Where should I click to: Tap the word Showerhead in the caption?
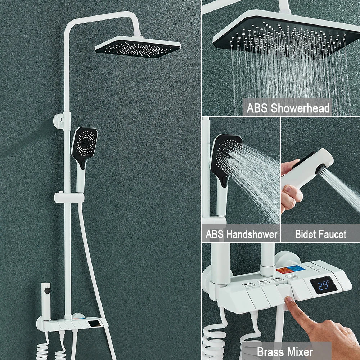pyautogui.click(x=300, y=108)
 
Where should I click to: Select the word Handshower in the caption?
pyautogui.click(x=252, y=234)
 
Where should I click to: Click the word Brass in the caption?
pyautogui.click(x=270, y=352)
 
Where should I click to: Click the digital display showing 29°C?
pyautogui.click(x=323, y=285)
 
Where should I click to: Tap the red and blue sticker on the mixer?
pyautogui.click(x=291, y=269)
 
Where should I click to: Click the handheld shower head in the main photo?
pyautogui.click(x=84, y=156)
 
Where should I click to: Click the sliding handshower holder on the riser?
pyautogui.click(x=69, y=198)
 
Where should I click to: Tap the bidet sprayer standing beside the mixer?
pyautogui.click(x=46, y=301)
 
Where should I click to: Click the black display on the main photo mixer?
pyautogui.click(x=94, y=324)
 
